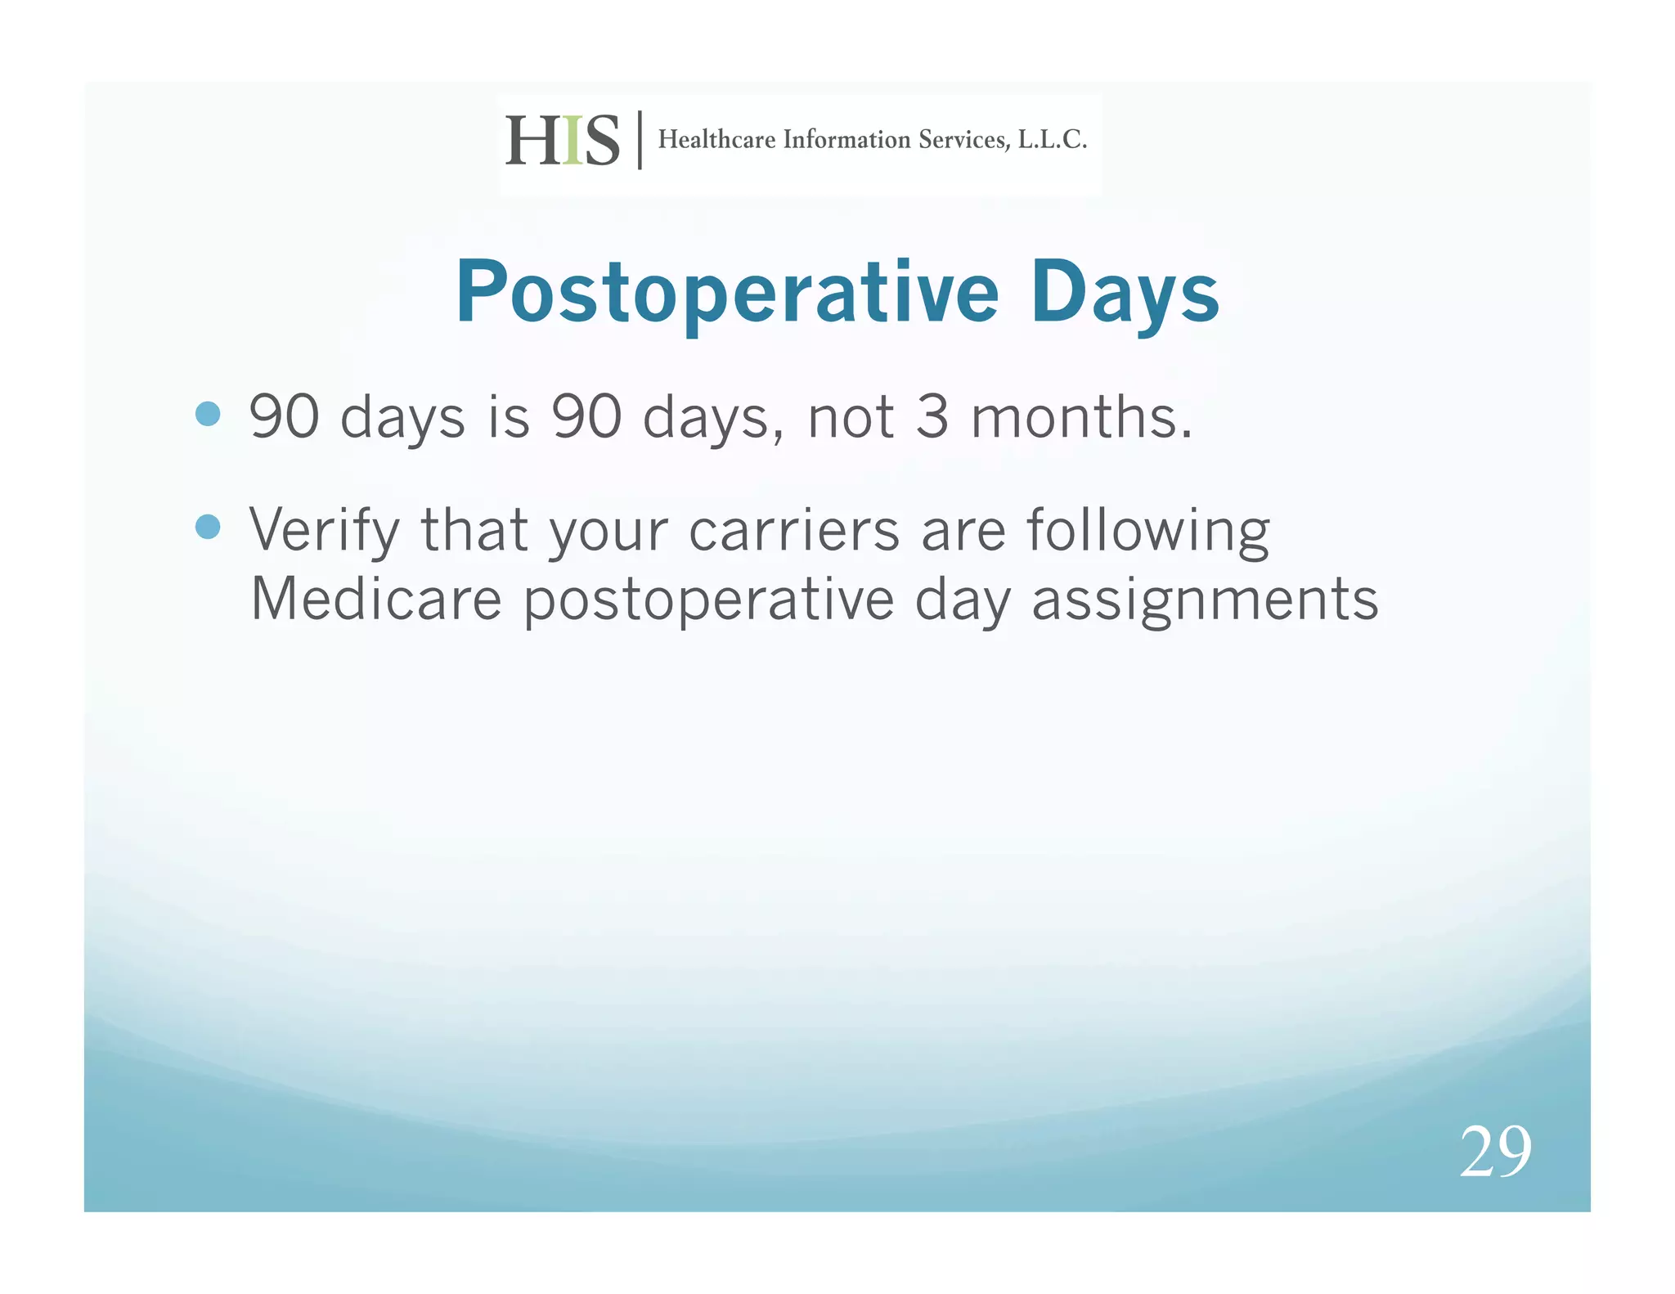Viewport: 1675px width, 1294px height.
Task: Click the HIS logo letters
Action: [x=562, y=141]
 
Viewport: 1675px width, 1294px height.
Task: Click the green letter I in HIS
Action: [x=573, y=141]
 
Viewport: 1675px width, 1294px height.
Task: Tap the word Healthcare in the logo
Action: [x=716, y=140]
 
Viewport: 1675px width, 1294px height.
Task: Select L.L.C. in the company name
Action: [x=1052, y=140]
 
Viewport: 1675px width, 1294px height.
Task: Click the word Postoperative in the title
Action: [x=727, y=294]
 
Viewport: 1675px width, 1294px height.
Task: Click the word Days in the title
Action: [x=1125, y=294]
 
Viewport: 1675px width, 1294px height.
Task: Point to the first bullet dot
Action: [x=209, y=414]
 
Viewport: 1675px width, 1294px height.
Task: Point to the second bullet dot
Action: [x=209, y=527]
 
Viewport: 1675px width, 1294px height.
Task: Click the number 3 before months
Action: [x=932, y=417]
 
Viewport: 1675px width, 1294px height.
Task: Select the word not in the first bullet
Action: [x=850, y=417]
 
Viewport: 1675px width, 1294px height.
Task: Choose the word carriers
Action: [x=794, y=530]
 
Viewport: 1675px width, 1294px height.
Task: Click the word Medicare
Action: [x=375, y=600]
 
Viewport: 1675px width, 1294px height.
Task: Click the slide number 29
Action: [x=1494, y=1152]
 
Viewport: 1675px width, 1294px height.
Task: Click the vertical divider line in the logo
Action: [x=640, y=140]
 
